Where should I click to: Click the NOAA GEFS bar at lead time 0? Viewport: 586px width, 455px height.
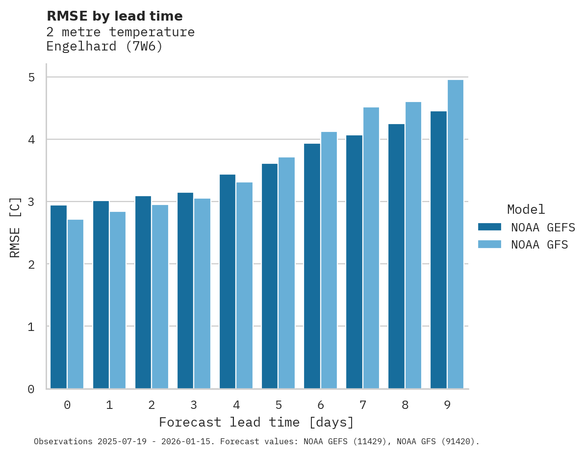pyautogui.click(x=59, y=297)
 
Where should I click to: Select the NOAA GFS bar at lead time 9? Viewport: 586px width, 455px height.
pyautogui.click(x=456, y=234)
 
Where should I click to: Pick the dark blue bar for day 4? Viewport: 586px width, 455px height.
pyautogui.click(x=228, y=281)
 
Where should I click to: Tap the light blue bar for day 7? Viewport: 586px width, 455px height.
pyautogui.click(x=371, y=248)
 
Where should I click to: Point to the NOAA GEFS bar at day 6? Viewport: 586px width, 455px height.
pyautogui.click(x=312, y=266)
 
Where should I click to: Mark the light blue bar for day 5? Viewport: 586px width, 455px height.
pyautogui.click(x=287, y=273)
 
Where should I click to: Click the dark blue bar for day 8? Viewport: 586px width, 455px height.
pyautogui.click(x=396, y=256)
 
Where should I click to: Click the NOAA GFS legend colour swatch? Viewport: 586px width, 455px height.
pyautogui.click(x=489, y=244)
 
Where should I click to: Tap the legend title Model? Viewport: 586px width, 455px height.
pyautogui.click(x=526, y=209)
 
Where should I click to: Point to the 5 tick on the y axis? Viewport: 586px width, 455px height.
pyautogui.click(x=31, y=77)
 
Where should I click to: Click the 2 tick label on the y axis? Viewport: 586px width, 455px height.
pyautogui.click(x=31, y=264)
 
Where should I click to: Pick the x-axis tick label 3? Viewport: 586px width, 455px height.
pyautogui.click(x=194, y=405)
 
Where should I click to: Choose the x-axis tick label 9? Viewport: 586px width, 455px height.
pyautogui.click(x=447, y=405)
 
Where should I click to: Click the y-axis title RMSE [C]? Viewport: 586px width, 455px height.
pyautogui.click(x=15, y=227)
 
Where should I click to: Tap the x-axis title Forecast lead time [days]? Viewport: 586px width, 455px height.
pyautogui.click(x=256, y=422)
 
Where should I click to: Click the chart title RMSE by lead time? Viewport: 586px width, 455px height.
pyautogui.click(x=114, y=16)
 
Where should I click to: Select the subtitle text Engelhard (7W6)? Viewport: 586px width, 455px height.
pyautogui.click(x=104, y=47)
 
